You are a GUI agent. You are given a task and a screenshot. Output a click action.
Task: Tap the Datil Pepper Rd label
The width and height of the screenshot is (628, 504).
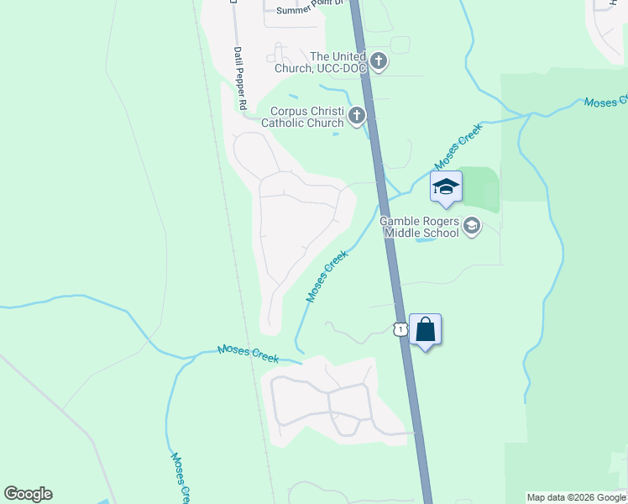[x=240, y=78]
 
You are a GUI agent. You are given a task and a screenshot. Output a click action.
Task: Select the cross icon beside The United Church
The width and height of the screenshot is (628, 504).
[x=379, y=60]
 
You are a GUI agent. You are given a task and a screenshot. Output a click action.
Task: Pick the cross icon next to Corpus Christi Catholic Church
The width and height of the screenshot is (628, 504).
[x=357, y=116]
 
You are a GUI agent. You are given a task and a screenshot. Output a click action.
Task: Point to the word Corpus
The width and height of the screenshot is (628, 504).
[x=290, y=111]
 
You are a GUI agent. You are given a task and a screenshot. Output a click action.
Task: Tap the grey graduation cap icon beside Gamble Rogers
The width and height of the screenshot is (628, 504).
[x=472, y=225]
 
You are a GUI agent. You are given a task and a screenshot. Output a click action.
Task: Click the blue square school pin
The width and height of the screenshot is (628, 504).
[x=446, y=187]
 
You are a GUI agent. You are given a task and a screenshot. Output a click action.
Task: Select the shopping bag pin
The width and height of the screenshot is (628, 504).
[x=425, y=329]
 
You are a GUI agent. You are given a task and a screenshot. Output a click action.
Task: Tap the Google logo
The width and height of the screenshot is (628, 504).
[x=28, y=494]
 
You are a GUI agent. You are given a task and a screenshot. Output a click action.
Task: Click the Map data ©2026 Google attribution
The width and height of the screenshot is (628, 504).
[x=577, y=497]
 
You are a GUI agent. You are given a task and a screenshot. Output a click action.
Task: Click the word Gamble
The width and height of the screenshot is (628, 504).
[x=400, y=221]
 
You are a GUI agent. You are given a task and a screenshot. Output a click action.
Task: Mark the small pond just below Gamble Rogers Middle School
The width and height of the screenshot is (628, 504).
[x=426, y=240]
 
